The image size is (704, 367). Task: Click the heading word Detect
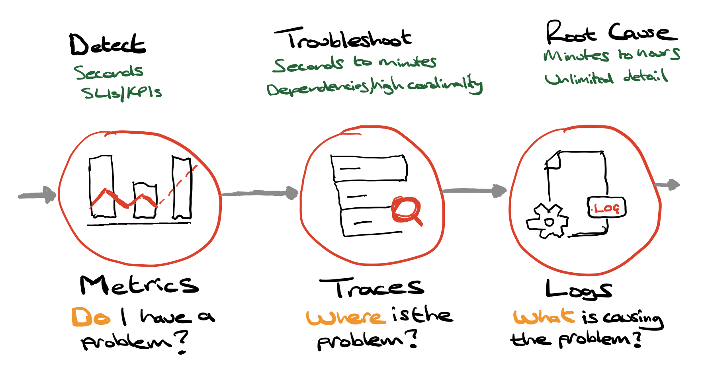108,45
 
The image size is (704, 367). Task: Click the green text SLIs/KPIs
121,93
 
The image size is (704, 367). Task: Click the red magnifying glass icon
406,211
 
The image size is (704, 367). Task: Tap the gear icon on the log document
548,221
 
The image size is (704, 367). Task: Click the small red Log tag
606,208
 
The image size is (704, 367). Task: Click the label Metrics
139,285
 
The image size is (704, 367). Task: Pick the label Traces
372,287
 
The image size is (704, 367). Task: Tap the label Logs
578,290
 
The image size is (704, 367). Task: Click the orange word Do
90,317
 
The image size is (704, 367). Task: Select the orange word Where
346,317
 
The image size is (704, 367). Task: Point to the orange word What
544,317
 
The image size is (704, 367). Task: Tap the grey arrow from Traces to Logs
474,191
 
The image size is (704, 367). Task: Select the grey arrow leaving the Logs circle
667,185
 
